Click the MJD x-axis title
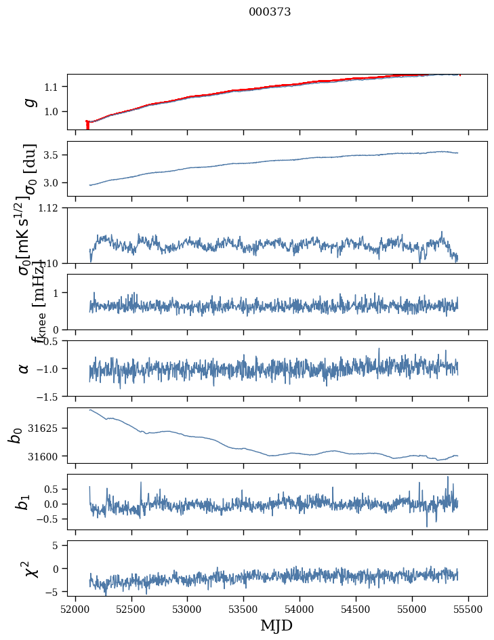tap(276, 625)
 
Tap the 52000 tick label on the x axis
tap(75, 608)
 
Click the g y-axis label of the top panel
tap(28, 102)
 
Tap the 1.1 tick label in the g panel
tap(53, 87)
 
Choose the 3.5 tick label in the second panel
tap(53, 155)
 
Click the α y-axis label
tap(24, 368)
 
